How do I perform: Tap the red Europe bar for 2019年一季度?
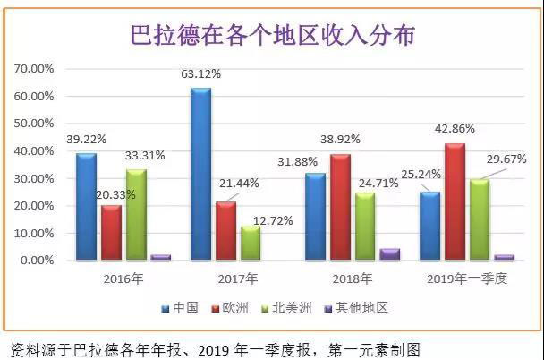click(455, 201)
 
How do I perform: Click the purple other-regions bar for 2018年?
click(389, 254)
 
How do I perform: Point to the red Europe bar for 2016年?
click(111, 232)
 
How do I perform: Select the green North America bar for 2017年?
click(251, 243)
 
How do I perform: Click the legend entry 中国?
click(183, 308)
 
